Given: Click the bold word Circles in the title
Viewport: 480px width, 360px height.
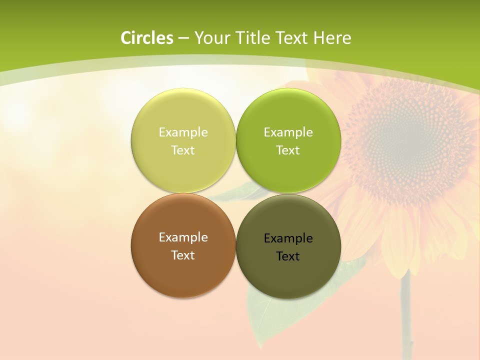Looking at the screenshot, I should (x=146, y=38).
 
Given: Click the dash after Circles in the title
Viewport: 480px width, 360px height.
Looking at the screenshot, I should (x=183, y=38).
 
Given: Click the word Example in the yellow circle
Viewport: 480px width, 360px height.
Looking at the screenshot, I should (x=183, y=132).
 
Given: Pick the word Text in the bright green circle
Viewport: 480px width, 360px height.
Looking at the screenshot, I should (x=288, y=150).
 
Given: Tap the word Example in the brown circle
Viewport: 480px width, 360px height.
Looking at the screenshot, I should (x=183, y=237).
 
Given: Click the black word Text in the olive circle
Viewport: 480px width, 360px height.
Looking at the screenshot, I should (x=288, y=256).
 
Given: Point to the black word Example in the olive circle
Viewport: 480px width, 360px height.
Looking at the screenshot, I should (x=288, y=238).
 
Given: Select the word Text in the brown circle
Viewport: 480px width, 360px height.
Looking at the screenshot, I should (x=183, y=255).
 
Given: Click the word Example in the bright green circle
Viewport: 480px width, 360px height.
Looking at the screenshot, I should (x=288, y=132).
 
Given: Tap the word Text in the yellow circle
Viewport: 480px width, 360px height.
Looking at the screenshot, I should (x=183, y=150).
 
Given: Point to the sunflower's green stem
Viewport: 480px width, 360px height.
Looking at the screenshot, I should (x=406, y=315).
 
